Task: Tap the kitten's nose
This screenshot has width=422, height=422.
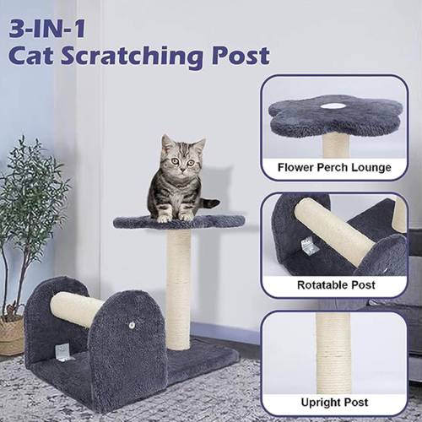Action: [x=183, y=169]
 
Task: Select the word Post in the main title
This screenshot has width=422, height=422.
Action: [x=241, y=56]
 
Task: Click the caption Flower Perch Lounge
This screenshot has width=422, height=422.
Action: [x=334, y=167]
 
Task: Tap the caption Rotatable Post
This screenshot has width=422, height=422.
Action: [x=336, y=285]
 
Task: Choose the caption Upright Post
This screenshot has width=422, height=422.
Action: [x=334, y=403]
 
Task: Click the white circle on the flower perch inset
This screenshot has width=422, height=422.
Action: [x=333, y=106]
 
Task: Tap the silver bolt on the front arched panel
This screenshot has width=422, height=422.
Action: [x=133, y=326]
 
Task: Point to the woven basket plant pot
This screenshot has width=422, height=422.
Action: [x=11, y=335]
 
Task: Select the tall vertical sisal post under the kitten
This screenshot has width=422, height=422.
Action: [x=179, y=289]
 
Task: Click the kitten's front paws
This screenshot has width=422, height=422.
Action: [x=176, y=217]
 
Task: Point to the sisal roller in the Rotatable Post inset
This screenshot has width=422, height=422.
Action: [x=334, y=231]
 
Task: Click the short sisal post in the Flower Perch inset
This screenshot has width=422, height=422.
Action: [x=336, y=145]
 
